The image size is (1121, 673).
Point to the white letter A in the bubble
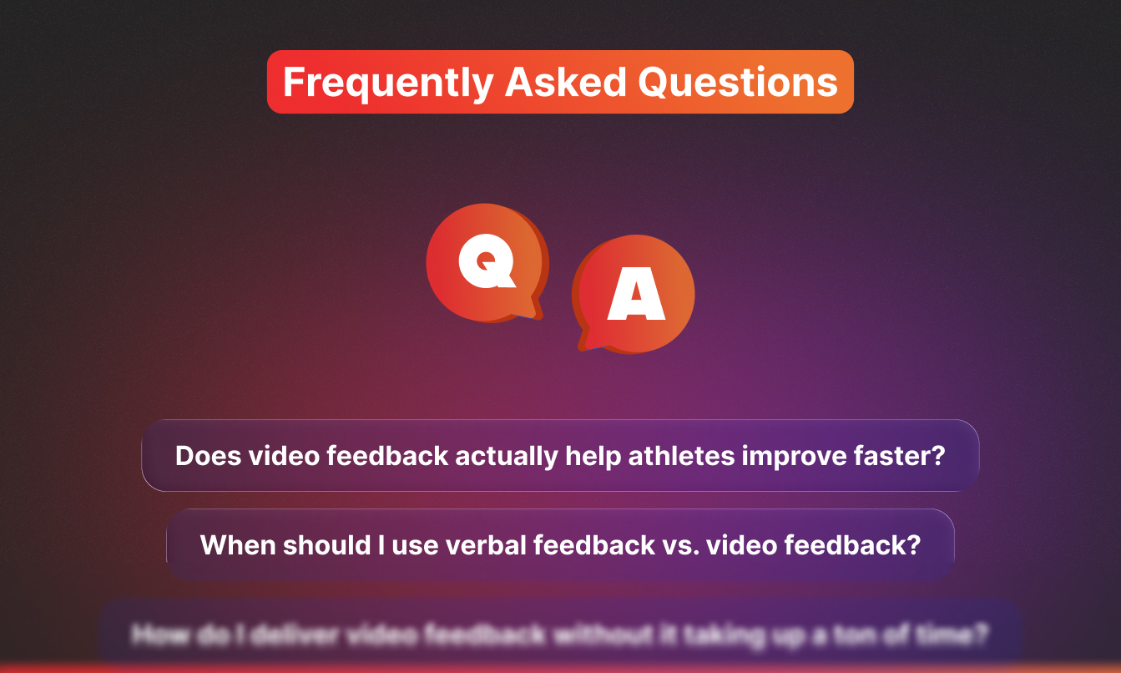[x=636, y=296]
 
